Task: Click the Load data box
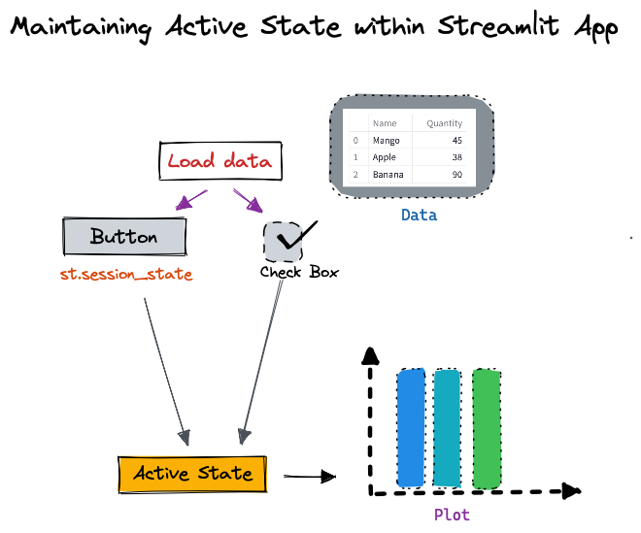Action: pyautogui.click(x=219, y=161)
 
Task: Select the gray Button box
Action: pyautogui.click(x=123, y=237)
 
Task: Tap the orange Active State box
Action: pyautogui.click(x=192, y=474)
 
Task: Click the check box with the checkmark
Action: pyautogui.click(x=285, y=242)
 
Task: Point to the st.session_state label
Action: pyautogui.click(x=126, y=275)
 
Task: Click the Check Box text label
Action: pyautogui.click(x=299, y=273)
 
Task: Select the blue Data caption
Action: pyautogui.click(x=419, y=216)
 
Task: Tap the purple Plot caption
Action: pyautogui.click(x=452, y=515)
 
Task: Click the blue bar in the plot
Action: pyautogui.click(x=411, y=427)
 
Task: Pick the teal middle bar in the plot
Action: pyautogui.click(x=448, y=427)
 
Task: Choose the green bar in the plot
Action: pyautogui.click(x=487, y=427)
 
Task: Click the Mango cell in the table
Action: pyautogui.click(x=386, y=141)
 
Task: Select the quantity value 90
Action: pyautogui.click(x=455, y=175)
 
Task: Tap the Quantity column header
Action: pyautogui.click(x=444, y=123)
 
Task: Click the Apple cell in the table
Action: pyautogui.click(x=385, y=157)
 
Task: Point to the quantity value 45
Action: pyautogui.click(x=455, y=141)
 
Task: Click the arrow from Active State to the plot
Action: pyautogui.click(x=309, y=477)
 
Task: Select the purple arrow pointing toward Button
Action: pyautogui.click(x=190, y=200)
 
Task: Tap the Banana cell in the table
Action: pyautogui.click(x=388, y=175)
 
